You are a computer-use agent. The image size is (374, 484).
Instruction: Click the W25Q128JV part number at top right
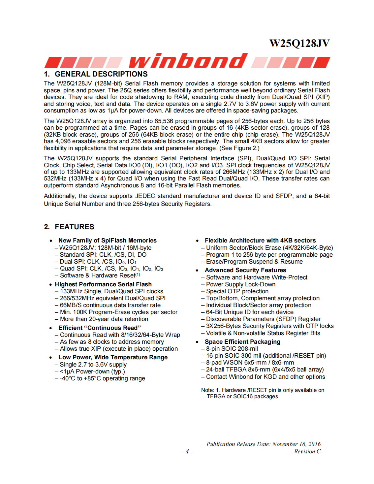[x=299, y=44]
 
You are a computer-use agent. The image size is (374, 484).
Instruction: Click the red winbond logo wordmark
[x=188, y=61]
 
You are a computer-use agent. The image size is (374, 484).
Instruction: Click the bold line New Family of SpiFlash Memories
[x=107, y=241]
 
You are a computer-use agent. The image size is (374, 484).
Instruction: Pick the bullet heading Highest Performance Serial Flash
[x=103, y=284]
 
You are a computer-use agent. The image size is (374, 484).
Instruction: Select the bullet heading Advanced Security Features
[x=245, y=270]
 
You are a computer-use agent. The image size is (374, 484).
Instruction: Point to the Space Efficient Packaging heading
[x=242, y=342]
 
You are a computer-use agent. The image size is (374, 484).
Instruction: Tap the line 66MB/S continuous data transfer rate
[x=110, y=305]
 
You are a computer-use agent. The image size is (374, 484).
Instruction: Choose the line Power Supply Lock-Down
[x=240, y=284]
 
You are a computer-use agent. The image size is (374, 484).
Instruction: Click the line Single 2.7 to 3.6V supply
[x=93, y=365]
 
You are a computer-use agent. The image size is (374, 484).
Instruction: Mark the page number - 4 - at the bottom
[x=187, y=452]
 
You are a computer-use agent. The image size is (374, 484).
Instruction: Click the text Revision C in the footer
[x=307, y=451]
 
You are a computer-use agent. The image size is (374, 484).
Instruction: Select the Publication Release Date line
[x=263, y=444]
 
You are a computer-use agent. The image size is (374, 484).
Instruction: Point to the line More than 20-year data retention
[x=104, y=319]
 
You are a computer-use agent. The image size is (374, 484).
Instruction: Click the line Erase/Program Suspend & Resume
[x=254, y=262]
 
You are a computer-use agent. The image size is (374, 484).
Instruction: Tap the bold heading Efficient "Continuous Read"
[x=99, y=328]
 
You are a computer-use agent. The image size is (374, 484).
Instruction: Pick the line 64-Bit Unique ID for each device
[x=249, y=312]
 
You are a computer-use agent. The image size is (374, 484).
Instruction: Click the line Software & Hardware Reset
[x=99, y=275]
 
